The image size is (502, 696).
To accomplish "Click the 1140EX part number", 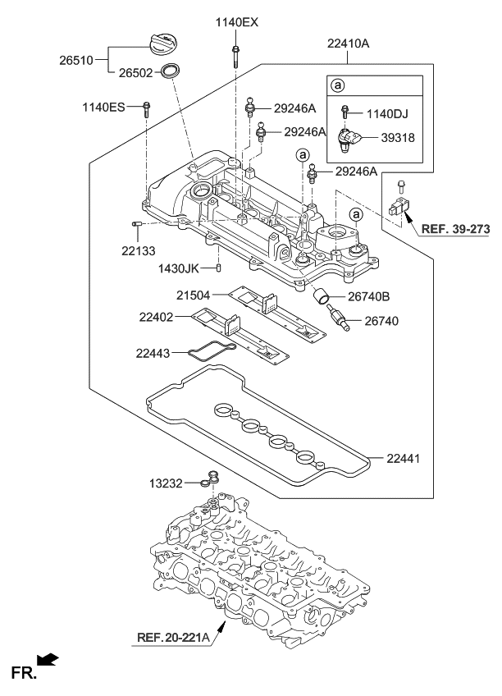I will pyautogui.click(x=237, y=22).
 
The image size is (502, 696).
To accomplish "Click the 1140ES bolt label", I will pyautogui.click(x=104, y=106).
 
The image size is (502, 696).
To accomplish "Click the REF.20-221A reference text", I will pyautogui.click(x=171, y=636).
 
